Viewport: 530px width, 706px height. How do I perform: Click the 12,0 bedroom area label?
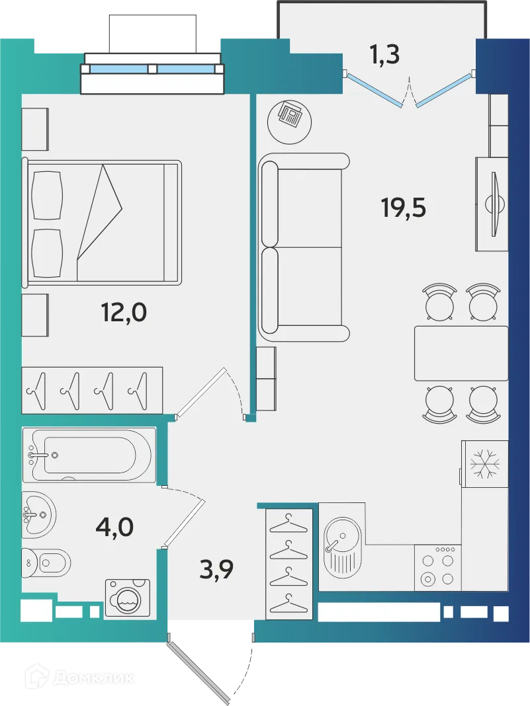pos(123,311)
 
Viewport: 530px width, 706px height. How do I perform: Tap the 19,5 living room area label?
pos(403,208)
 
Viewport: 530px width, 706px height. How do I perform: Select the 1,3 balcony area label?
pos(384,56)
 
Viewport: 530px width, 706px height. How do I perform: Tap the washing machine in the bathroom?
pos(127,598)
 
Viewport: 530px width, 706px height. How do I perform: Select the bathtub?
pos(89,454)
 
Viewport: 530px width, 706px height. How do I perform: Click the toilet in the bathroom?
pos(46,563)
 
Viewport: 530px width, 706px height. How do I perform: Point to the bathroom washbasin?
pos(38,514)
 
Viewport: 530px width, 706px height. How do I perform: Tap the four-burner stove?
pos(437,567)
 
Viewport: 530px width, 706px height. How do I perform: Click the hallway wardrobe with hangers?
pos(289,563)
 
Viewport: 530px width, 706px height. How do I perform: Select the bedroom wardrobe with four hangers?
pos(92,389)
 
